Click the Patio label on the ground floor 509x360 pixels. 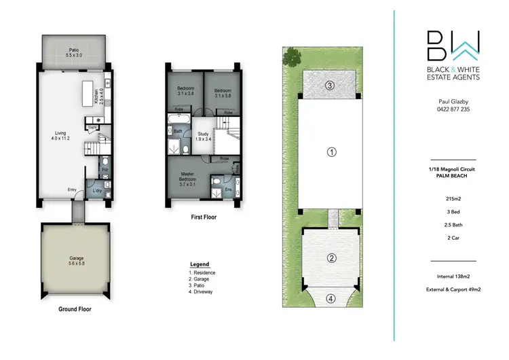(73, 53)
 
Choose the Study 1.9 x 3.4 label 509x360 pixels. (202, 137)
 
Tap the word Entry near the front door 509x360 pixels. (71, 190)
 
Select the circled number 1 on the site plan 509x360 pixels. (331, 151)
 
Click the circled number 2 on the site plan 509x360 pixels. (331, 258)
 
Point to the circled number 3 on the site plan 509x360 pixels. (329, 86)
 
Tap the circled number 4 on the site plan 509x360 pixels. (331, 298)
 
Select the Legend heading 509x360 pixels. (200, 264)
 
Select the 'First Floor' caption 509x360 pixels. (202, 219)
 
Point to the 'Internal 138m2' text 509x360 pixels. (453, 276)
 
